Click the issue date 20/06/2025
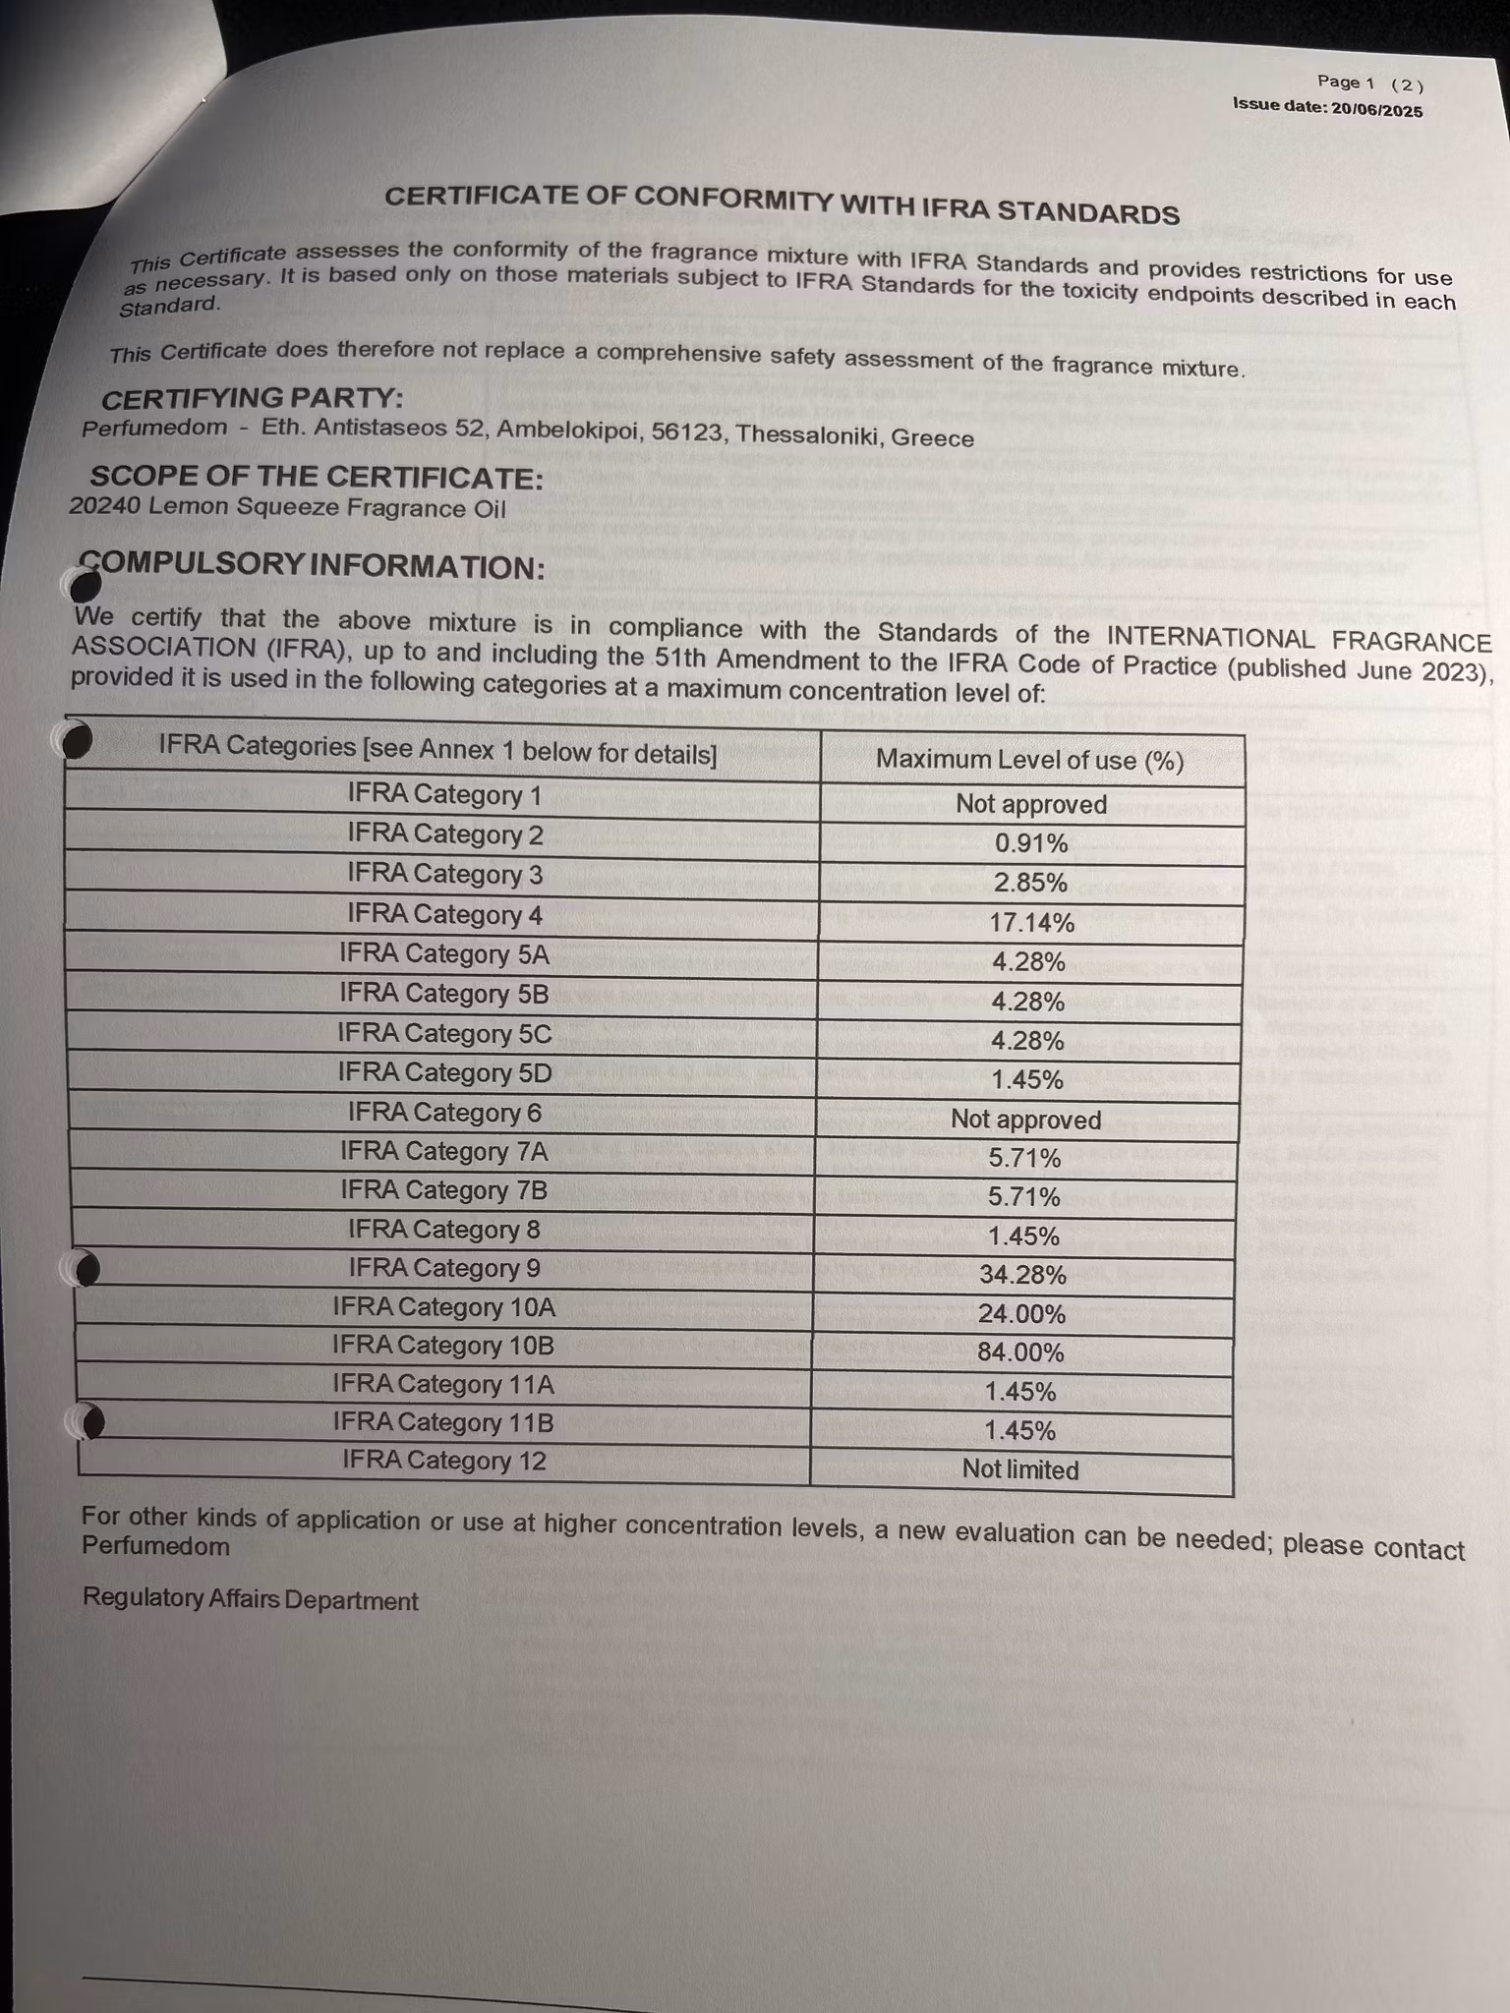[x=1376, y=110]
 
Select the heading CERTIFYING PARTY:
[x=253, y=399]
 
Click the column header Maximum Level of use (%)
[x=1029, y=760]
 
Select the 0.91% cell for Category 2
[x=1030, y=843]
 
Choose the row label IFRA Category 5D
[x=444, y=1072]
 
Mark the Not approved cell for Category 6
[x=1025, y=1120]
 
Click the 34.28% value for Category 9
[x=1022, y=1275]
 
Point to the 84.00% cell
[x=1020, y=1352]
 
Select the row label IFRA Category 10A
[x=444, y=1307]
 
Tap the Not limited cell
[x=1020, y=1469]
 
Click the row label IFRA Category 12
[x=444, y=1461]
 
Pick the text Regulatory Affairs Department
[x=251, y=1600]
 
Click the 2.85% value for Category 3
[x=1030, y=883]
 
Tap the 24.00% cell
[x=1021, y=1314]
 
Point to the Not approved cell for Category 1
[x=1031, y=804]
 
